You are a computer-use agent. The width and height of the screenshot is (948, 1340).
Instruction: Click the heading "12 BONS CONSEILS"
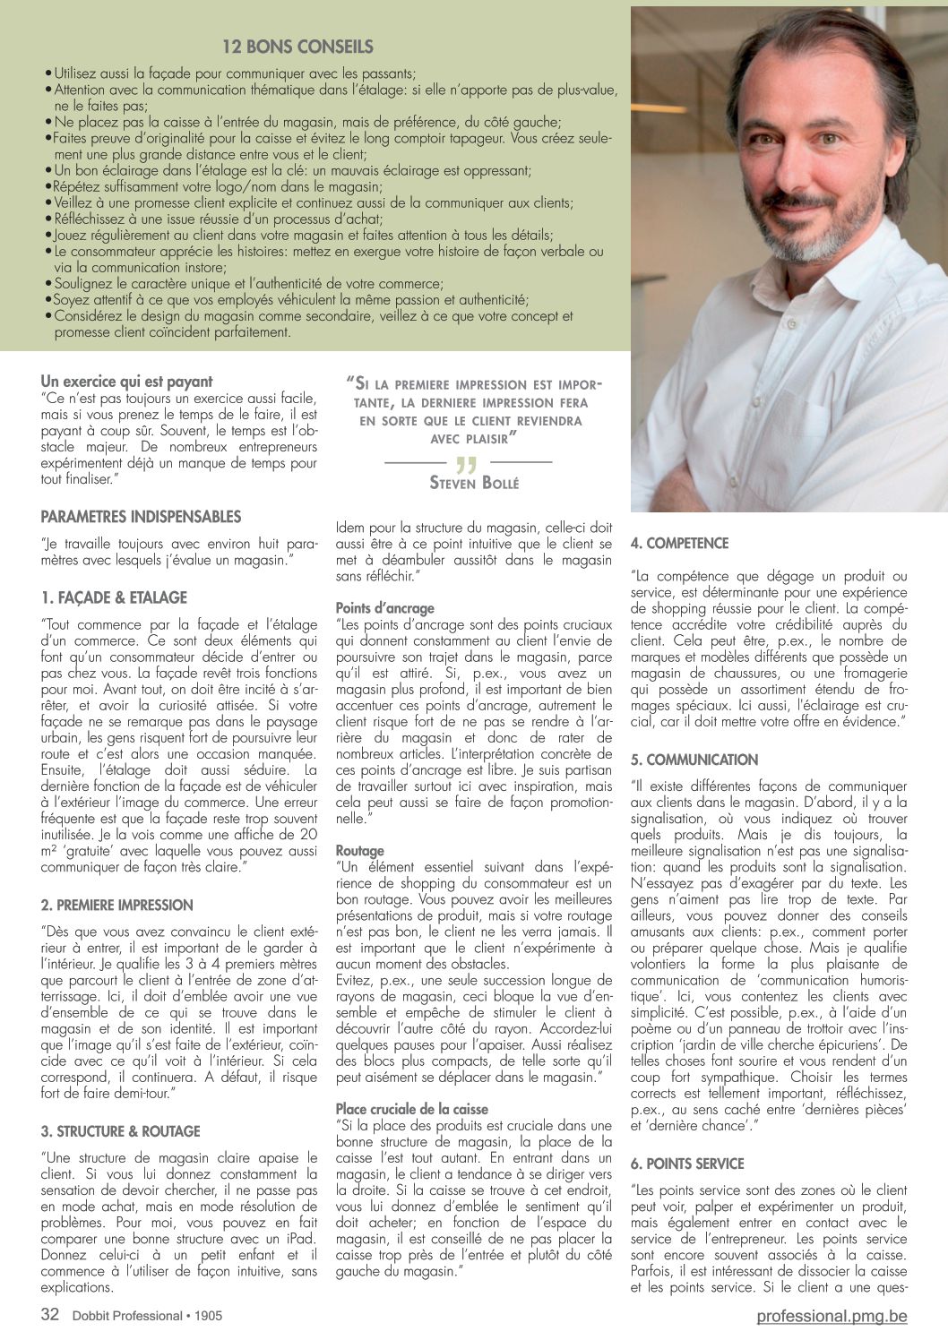297,47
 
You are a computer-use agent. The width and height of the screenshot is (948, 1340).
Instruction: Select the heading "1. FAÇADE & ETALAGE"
114,597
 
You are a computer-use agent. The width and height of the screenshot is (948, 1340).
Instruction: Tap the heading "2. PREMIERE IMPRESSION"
116,905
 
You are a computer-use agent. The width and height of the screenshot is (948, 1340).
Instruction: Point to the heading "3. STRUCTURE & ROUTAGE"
120,1131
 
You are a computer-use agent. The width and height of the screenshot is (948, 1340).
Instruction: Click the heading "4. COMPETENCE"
679,543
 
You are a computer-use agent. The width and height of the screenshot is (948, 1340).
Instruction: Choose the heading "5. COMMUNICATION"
694,760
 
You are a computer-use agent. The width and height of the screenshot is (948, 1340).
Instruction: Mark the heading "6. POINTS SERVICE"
687,1164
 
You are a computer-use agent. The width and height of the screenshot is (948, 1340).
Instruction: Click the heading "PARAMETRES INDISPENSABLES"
141,517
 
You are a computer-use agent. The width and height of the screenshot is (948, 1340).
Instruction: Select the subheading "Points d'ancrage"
384,608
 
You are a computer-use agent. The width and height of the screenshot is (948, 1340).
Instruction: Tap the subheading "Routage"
359,851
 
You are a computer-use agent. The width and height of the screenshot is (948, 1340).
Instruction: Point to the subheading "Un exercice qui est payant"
126,382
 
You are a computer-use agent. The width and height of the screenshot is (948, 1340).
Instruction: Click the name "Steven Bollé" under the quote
474,483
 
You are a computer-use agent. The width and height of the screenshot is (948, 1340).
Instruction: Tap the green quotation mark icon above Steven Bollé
466,464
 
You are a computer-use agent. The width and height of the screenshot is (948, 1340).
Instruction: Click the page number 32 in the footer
50,1314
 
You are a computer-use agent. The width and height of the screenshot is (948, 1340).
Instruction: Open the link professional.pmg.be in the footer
832,1316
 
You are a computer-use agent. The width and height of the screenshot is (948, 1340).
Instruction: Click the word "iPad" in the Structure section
300,1239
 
